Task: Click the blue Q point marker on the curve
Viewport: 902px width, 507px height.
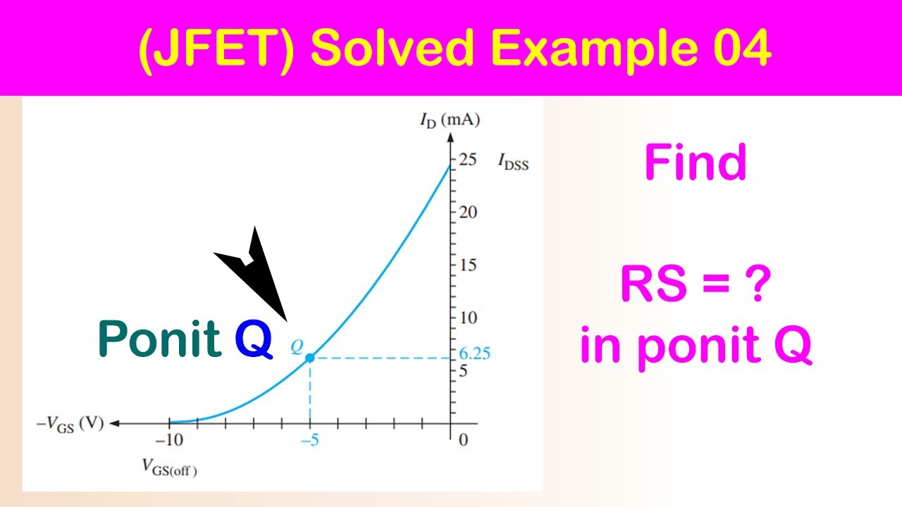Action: (309, 358)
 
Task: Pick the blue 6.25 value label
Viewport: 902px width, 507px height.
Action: (473, 354)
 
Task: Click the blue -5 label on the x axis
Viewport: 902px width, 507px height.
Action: (310, 441)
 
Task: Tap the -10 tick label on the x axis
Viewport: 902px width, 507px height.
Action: (169, 441)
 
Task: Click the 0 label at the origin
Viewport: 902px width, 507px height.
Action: (462, 441)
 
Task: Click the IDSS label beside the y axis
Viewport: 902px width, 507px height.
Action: (513, 163)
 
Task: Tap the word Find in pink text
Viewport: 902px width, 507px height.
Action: (695, 163)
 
